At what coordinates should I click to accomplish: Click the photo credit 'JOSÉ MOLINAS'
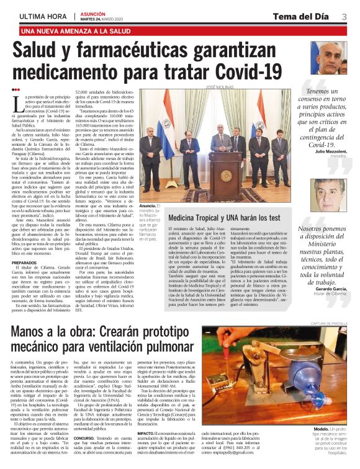click(223, 88)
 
